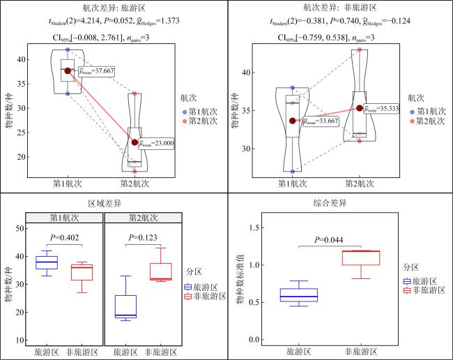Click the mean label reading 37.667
(96, 71)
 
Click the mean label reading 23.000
(156, 143)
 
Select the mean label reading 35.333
(381, 108)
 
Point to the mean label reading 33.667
(321, 121)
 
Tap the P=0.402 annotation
(64, 238)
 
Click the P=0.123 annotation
(143, 238)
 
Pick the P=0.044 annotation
(329, 240)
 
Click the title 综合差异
(330, 203)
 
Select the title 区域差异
(105, 204)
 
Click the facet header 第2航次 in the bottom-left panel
(144, 218)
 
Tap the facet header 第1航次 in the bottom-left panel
(64, 218)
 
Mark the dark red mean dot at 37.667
(68, 71)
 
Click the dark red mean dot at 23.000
(135, 142)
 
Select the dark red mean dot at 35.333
(360, 108)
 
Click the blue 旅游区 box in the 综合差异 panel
(299, 295)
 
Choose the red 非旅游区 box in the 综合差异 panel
(361, 258)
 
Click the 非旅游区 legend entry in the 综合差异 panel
(424, 290)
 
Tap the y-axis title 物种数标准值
(240, 279)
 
